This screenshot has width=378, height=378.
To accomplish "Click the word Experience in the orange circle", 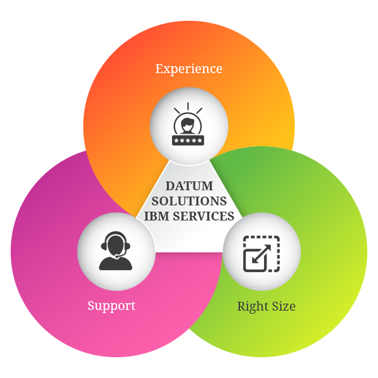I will (189, 68).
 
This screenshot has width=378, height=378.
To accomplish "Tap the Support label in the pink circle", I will (112, 306).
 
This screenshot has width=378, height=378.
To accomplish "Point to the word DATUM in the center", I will (189, 186).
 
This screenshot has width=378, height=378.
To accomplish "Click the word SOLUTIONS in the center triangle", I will (189, 201).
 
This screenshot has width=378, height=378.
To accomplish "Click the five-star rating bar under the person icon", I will (188, 140).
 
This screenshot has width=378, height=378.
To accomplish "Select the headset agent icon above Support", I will (116, 251).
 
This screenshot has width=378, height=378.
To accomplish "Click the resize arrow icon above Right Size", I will (261, 253).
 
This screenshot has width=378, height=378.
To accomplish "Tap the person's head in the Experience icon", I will (188, 122).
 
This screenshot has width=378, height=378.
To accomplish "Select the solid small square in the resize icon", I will (255, 260).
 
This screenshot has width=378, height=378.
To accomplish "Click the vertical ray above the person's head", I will (188, 105).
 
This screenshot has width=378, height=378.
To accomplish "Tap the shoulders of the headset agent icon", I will (116, 263).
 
